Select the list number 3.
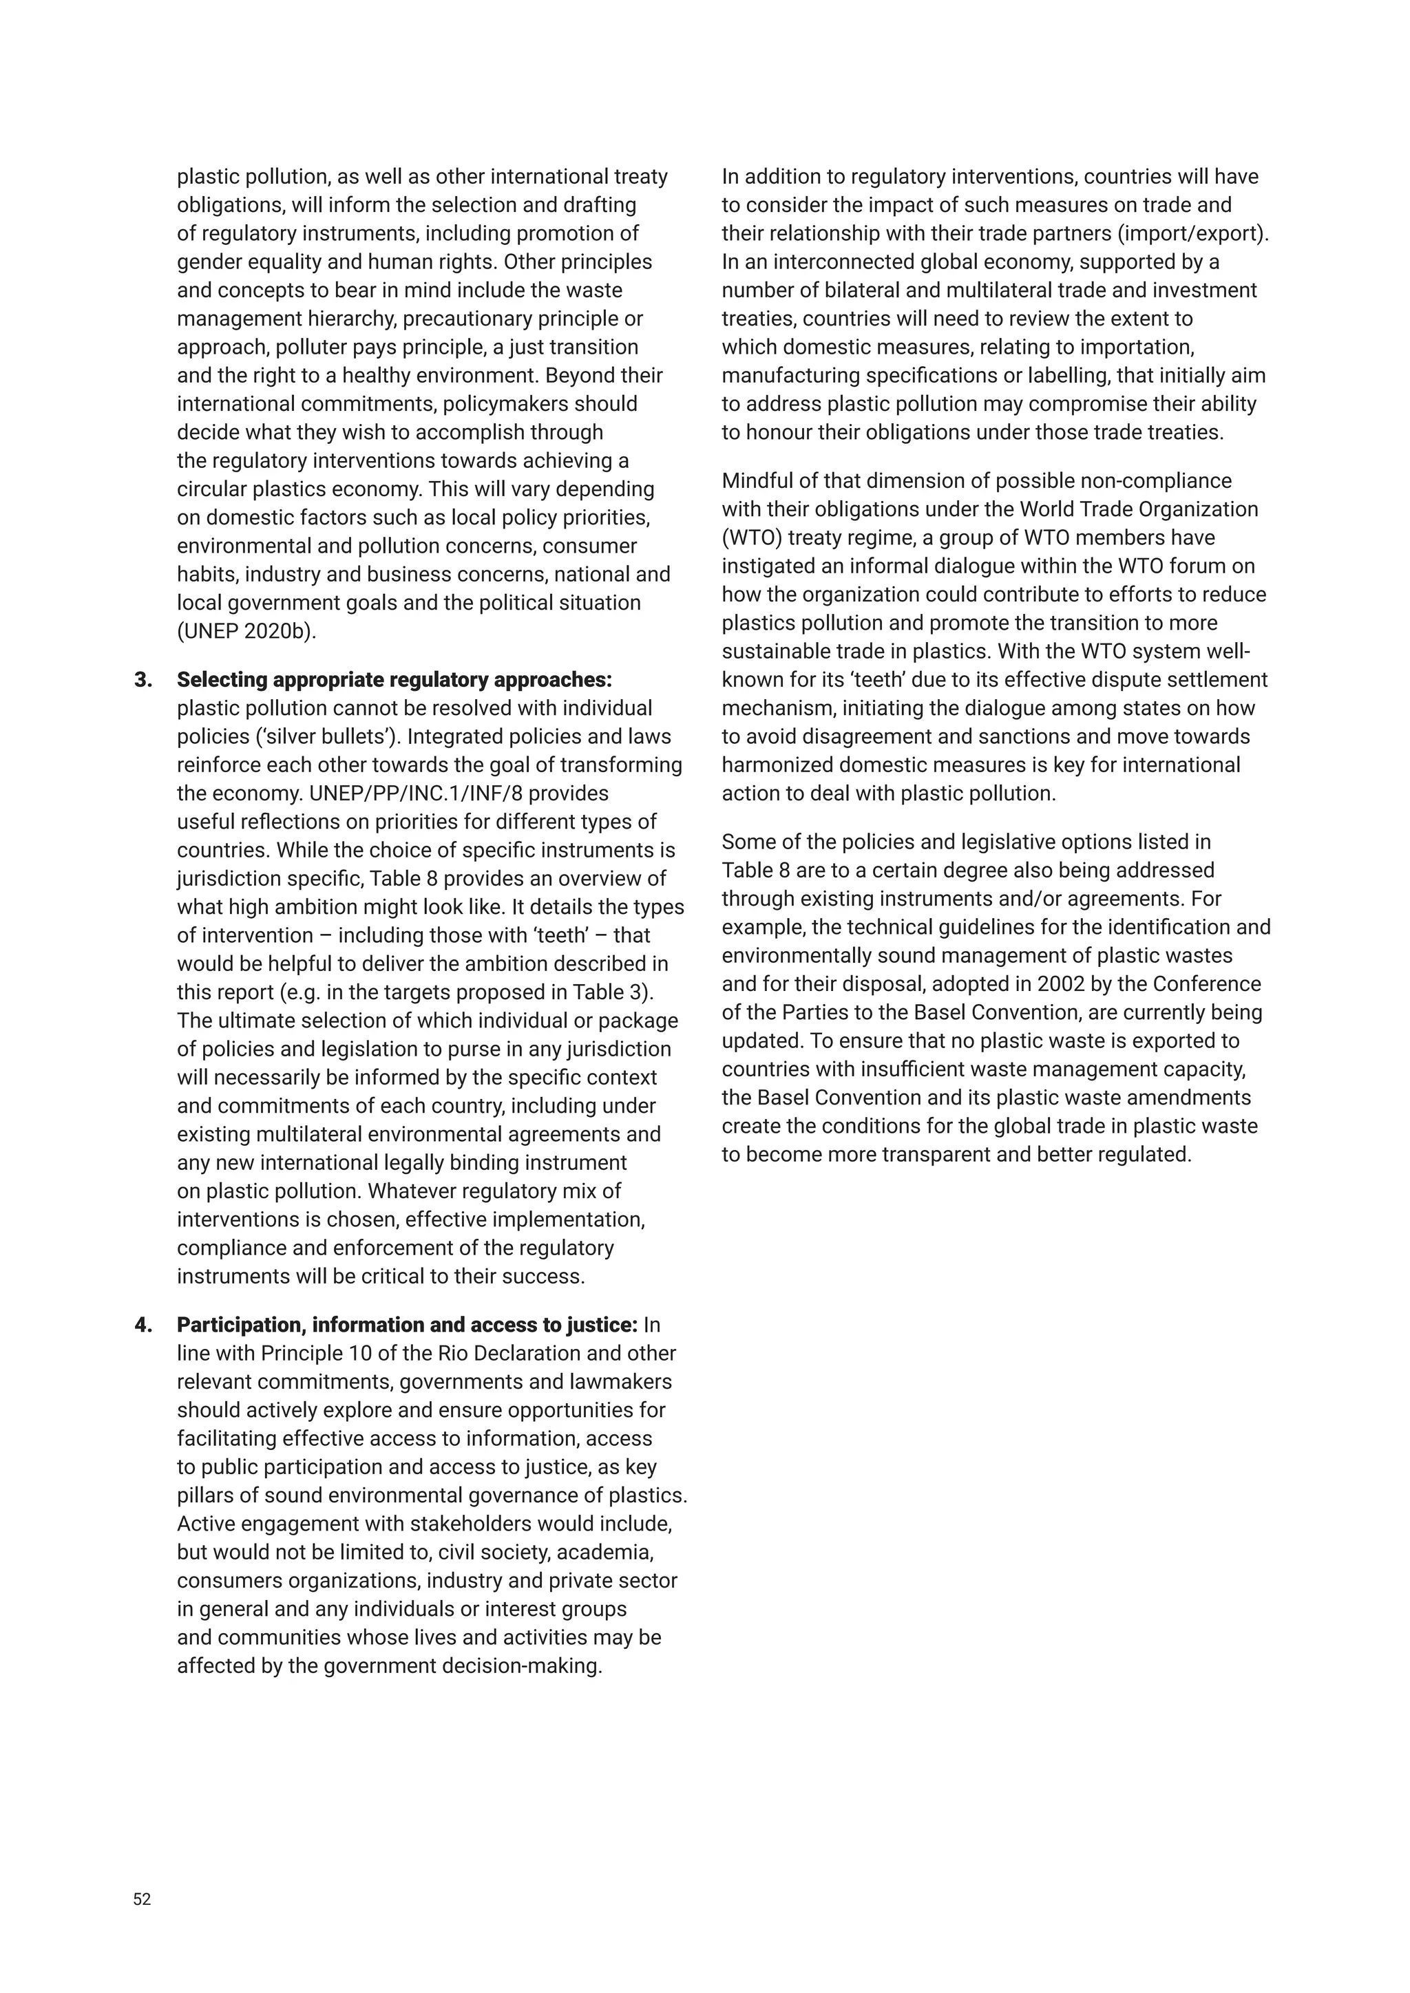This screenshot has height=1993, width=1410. coord(143,680)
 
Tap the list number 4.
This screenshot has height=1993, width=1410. coord(143,1325)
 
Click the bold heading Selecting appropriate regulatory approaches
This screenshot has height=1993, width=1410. coord(394,680)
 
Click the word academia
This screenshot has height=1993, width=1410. coord(608,1552)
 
